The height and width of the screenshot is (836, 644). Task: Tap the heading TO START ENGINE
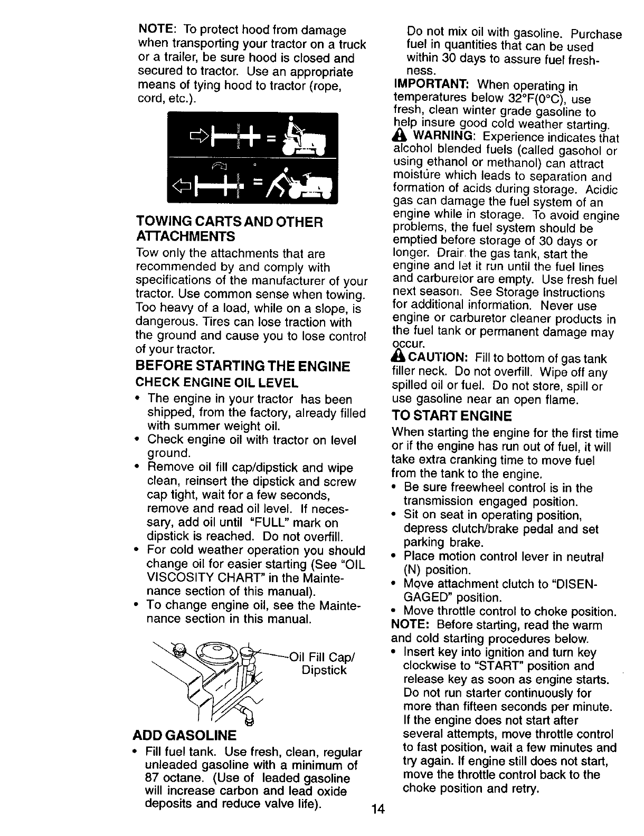click(451, 416)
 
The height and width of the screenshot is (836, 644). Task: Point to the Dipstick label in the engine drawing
click(324, 670)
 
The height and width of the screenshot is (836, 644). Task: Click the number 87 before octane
click(153, 778)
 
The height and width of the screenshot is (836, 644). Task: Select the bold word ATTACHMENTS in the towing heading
click(185, 235)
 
